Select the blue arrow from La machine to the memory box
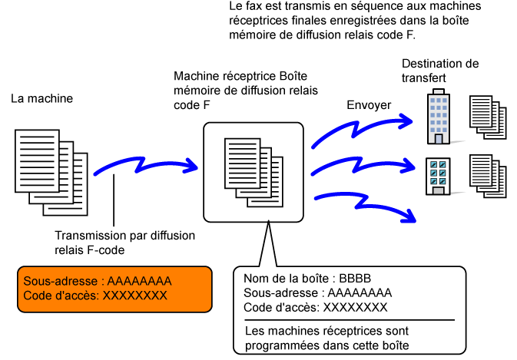pos(150,163)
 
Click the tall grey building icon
pos(439,117)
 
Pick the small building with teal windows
pos(438,176)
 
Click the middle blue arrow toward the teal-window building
pos(365,165)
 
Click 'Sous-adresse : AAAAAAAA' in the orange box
pos(98,281)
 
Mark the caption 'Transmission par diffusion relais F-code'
pos(125,243)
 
